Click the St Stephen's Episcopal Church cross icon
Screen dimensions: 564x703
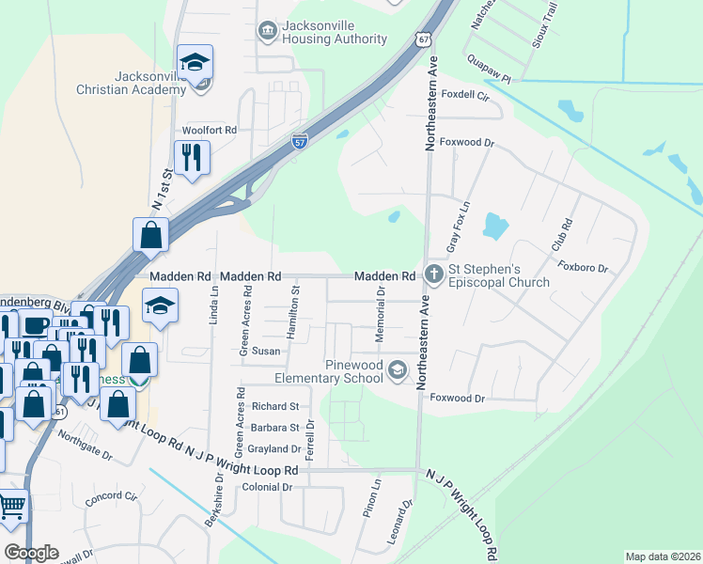[x=433, y=275]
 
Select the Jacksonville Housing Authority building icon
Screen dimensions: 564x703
[x=268, y=31]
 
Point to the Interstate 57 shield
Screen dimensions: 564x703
[x=299, y=142]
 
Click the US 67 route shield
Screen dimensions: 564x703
[x=425, y=39]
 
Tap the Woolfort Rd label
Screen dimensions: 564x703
[x=210, y=130]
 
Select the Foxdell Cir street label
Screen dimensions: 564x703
[x=466, y=96]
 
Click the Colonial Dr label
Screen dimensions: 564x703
[x=269, y=487]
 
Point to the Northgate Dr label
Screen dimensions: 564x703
[x=85, y=446]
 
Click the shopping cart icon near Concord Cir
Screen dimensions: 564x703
[x=12, y=507]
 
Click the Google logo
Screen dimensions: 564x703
[x=31, y=553]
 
